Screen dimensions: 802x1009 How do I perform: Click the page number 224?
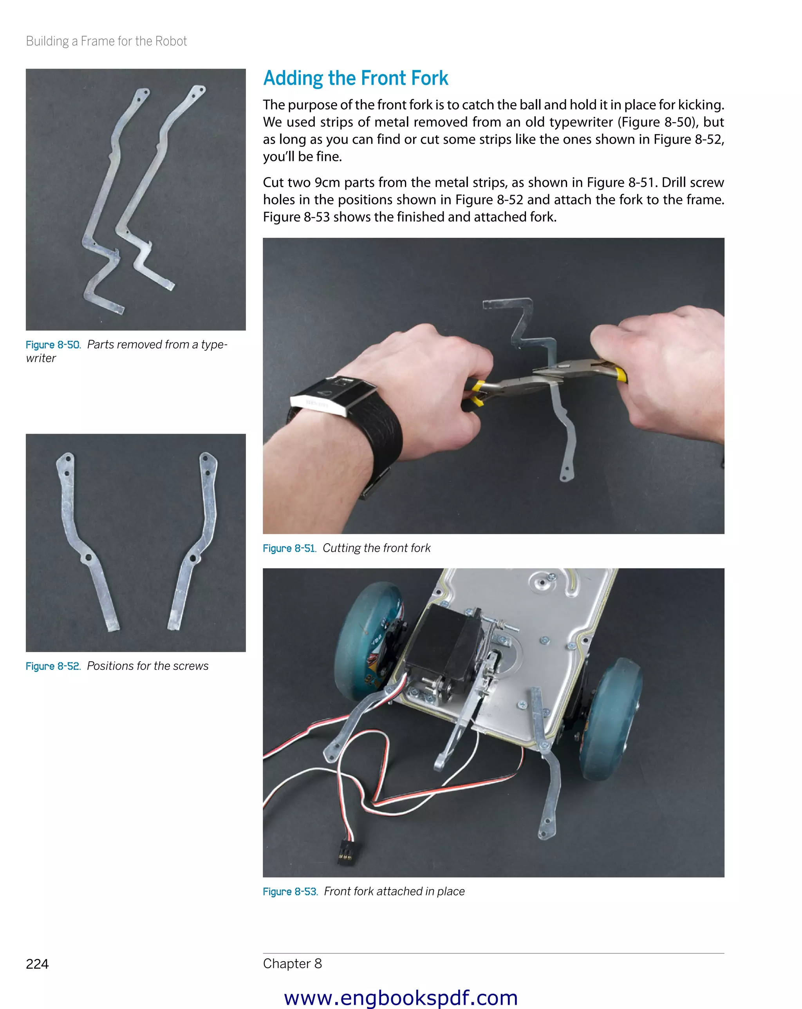click(38, 964)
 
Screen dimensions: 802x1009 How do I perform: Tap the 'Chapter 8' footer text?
click(293, 963)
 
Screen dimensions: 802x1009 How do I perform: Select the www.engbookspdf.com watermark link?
click(401, 997)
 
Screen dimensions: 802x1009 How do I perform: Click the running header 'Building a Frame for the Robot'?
click(106, 41)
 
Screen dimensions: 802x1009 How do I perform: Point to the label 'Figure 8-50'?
click(53, 345)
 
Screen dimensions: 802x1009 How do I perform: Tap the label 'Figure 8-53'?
click(290, 891)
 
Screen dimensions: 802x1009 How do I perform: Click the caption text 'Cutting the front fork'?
click(377, 548)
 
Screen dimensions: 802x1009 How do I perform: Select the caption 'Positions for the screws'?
click(148, 666)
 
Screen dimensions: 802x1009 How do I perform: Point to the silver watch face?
click(333, 394)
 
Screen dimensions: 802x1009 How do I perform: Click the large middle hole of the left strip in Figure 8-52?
click(87, 558)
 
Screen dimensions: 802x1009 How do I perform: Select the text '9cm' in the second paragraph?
click(327, 183)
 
